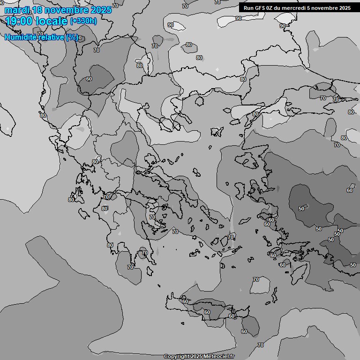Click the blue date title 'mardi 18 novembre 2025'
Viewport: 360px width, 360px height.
pos(58,9)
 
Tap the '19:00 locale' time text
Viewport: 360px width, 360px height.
pos(37,21)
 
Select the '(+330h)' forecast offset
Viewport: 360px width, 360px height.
pos(83,21)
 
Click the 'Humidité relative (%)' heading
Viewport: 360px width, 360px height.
pos(41,37)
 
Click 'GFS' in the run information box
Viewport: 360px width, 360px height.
pos(259,8)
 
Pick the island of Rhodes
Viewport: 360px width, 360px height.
pos(298,270)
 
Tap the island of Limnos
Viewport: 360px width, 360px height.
pos(217,132)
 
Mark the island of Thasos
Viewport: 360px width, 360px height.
pos(199,101)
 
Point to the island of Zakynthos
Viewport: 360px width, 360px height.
pos(84,213)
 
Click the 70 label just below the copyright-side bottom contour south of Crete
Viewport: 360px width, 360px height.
pos(261,345)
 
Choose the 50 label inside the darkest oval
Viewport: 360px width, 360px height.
pos(301,208)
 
